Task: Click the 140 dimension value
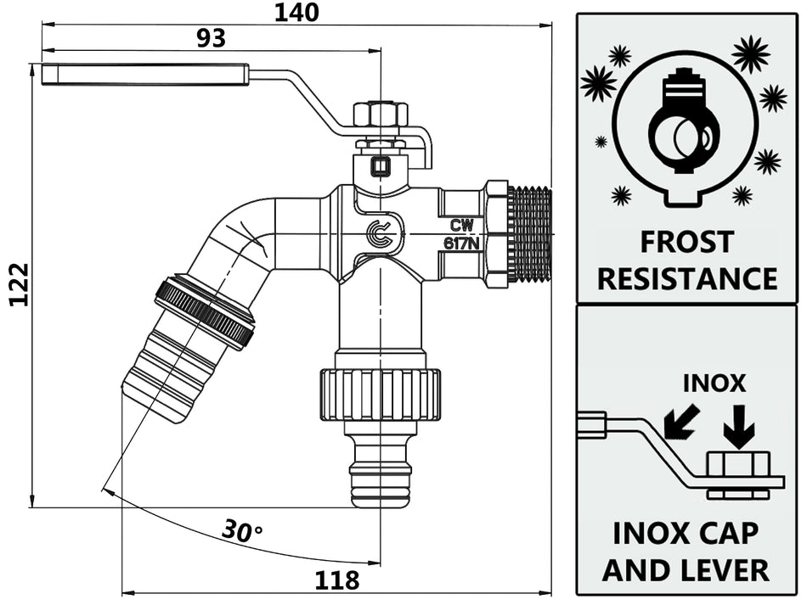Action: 296,13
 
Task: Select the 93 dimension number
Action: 212,38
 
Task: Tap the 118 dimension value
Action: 336,580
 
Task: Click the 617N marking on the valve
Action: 462,244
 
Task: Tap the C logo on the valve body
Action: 380,235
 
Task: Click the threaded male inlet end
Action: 529,234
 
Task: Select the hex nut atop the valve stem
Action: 381,115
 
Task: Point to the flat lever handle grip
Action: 144,74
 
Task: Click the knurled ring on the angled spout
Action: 205,311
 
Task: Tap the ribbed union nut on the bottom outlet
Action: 380,395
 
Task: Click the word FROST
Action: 686,242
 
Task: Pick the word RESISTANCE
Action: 686,278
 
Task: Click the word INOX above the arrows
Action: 714,384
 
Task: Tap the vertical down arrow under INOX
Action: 738,427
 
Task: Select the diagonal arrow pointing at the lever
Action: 681,422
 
